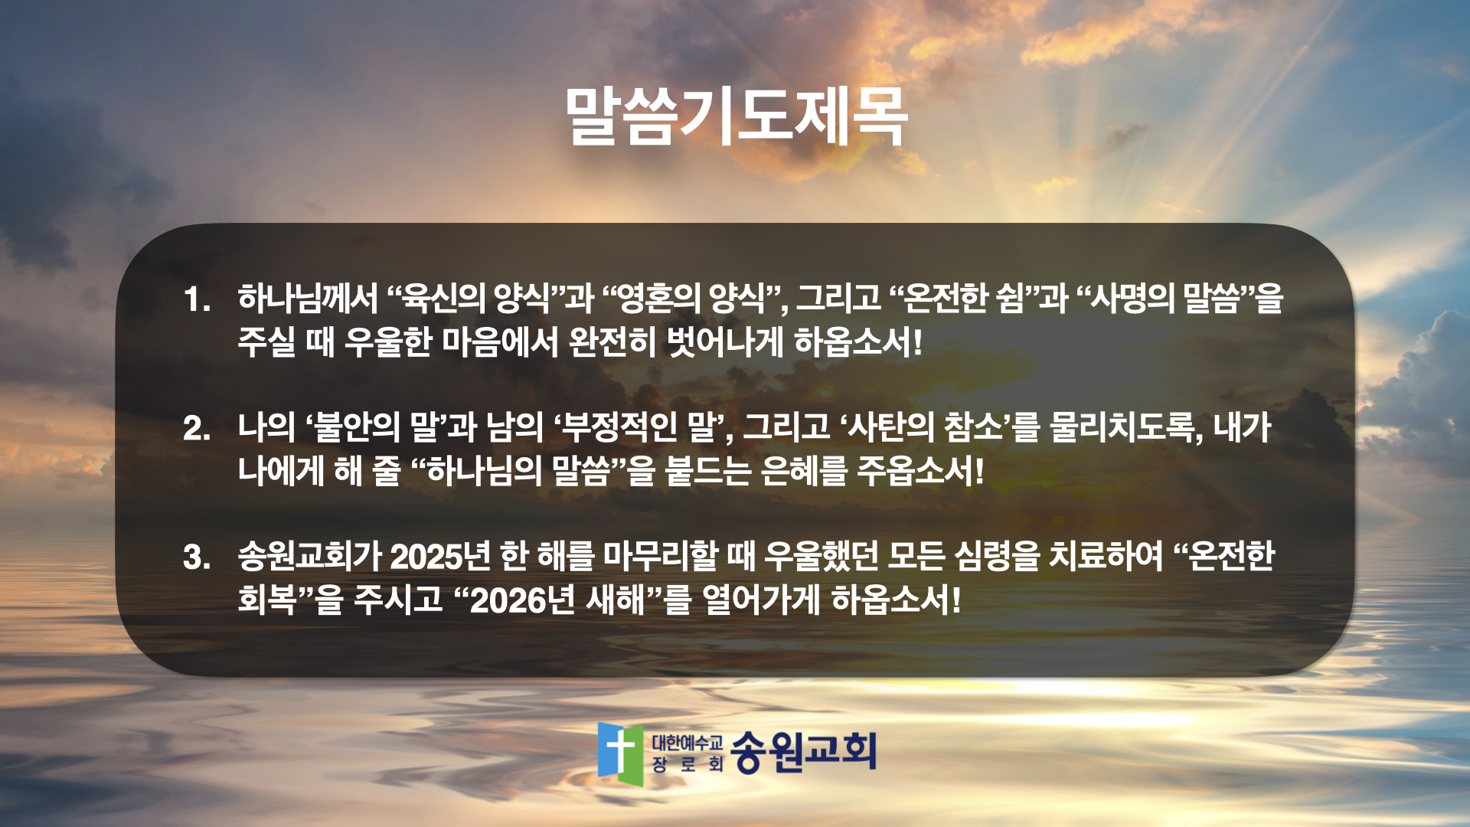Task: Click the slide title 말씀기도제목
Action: pos(737,116)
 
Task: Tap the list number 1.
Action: pos(197,299)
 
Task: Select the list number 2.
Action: pos(197,428)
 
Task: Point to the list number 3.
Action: pos(197,557)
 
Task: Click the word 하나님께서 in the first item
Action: pos(308,298)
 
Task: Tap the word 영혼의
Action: pos(660,298)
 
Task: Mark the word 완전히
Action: pos(612,342)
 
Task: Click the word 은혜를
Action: pos(805,470)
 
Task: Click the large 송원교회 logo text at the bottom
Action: pos(803,752)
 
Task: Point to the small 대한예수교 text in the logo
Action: pos(687,742)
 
